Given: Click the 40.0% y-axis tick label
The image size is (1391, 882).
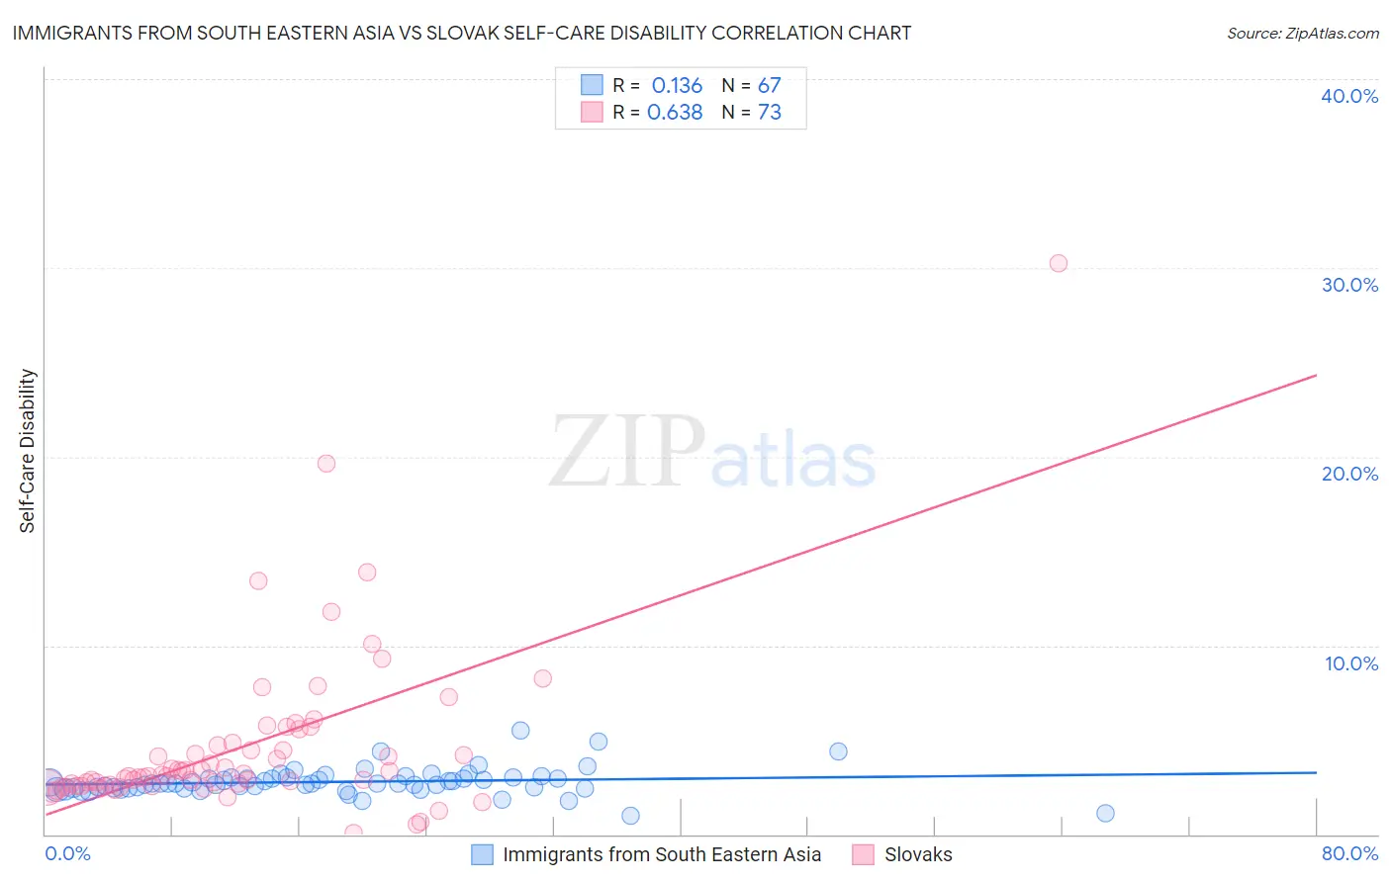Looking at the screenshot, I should [1349, 96].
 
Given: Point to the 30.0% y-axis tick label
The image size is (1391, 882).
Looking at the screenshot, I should [1349, 285].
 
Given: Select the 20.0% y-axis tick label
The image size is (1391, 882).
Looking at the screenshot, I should [1349, 474].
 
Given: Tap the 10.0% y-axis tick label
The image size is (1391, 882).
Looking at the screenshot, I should [1351, 663].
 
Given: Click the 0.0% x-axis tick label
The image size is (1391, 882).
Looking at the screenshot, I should [67, 853].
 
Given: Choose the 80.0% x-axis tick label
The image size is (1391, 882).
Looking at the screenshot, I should [1349, 853].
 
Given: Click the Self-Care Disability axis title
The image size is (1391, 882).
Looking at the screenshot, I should [28, 451].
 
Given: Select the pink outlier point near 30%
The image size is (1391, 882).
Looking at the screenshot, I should [1059, 263].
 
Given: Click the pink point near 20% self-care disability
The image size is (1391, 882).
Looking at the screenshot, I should [326, 463].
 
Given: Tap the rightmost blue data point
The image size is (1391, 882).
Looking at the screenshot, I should [1106, 813].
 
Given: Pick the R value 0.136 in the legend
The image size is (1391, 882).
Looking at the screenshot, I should [677, 86].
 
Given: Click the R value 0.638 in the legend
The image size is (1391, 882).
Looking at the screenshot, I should [675, 113].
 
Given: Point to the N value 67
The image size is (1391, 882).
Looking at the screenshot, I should [769, 86].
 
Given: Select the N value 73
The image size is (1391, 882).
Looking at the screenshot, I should [769, 113].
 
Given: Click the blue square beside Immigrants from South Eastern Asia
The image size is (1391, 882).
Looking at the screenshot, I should [482, 854].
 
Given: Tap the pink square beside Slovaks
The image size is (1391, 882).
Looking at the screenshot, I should [863, 854].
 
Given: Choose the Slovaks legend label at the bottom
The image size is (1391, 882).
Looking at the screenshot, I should [918, 854].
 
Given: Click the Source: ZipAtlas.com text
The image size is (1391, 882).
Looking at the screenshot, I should [1302, 34].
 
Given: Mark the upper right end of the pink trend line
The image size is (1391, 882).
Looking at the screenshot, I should [1316, 376].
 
